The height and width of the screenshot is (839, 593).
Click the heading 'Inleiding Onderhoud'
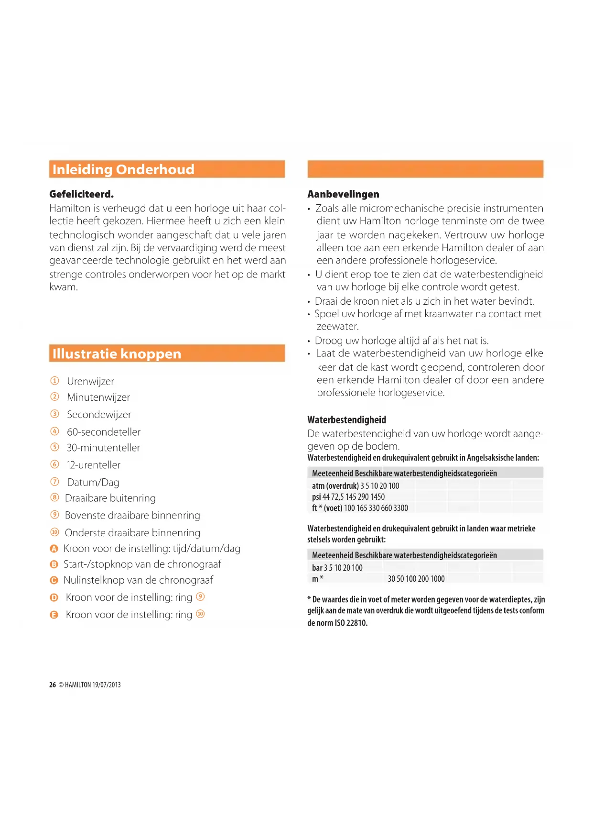click(123, 169)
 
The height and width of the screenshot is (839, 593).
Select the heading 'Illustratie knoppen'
click(117, 353)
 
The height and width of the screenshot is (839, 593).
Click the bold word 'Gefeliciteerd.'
click(81, 194)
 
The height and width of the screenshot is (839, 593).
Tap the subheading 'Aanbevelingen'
click(343, 194)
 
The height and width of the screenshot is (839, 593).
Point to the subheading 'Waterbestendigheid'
click(346, 420)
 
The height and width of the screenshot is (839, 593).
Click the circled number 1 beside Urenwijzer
click(55, 381)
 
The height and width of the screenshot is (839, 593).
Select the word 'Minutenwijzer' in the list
click(98, 397)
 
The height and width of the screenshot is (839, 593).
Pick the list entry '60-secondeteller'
click(104, 432)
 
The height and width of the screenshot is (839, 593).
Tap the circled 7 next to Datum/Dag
click(55, 482)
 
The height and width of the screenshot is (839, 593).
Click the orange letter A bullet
click(54, 549)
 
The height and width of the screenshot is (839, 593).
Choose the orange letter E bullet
click(54, 615)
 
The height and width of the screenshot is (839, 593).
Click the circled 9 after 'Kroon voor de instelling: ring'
click(201, 596)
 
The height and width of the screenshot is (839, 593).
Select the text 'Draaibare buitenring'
click(110, 498)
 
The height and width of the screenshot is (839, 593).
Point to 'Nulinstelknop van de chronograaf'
click(138, 580)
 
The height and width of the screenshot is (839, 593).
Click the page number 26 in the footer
click(53, 685)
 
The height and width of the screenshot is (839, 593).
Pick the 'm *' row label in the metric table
click(318, 579)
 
